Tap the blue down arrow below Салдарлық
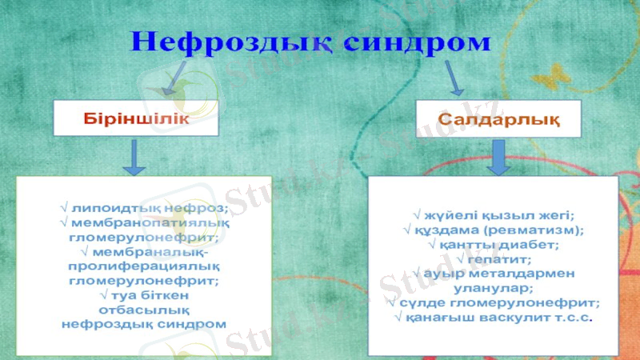click(500, 158)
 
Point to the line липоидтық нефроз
click(144, 209)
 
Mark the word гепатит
click(498, 259)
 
